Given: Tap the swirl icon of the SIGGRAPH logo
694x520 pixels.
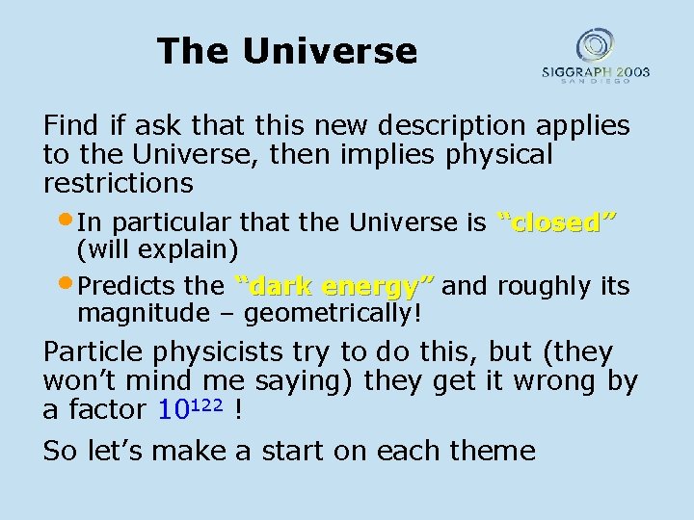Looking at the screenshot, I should (595, 45).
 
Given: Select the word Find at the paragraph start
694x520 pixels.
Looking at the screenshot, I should (73, 126).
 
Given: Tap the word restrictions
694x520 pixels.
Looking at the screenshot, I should (118, 182).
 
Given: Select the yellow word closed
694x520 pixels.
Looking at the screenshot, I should (556, 223).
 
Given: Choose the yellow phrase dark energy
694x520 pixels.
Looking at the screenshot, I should (334, 286).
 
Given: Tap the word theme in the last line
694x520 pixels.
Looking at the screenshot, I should (490, 450).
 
